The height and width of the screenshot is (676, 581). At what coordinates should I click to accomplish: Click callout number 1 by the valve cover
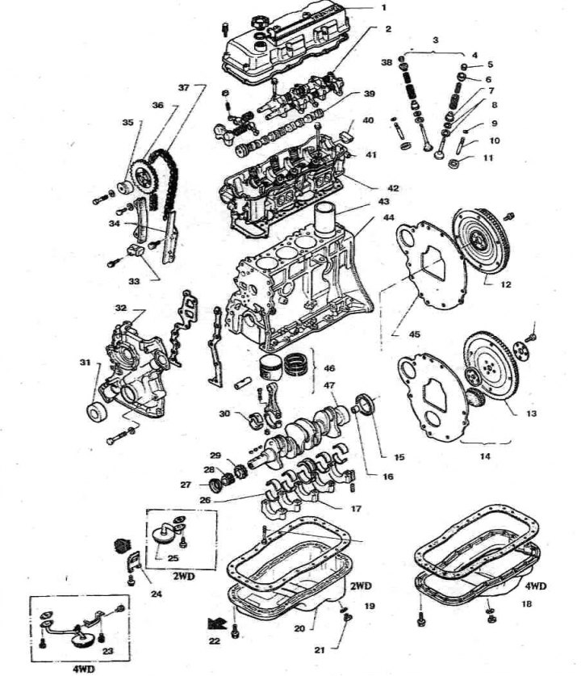pos(384,7)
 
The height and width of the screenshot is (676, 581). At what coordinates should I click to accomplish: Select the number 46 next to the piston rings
pos(329,368)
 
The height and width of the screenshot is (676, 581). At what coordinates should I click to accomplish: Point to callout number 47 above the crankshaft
pos(329,386)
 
